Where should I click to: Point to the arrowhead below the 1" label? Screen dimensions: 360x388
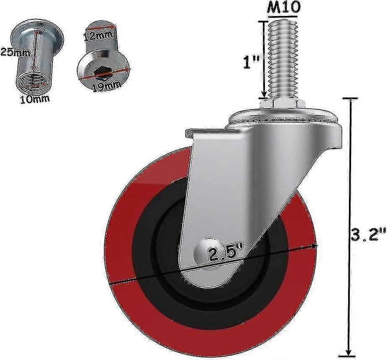(264, 94)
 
